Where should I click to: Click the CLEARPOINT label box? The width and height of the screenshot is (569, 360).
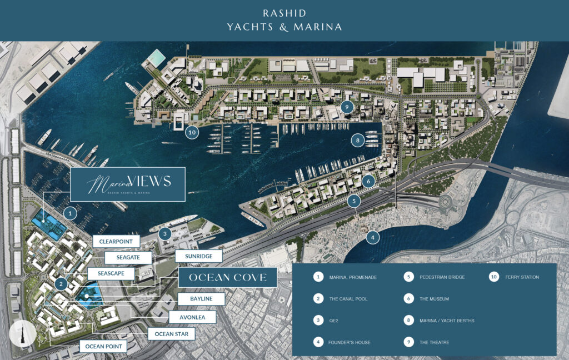[116, 242]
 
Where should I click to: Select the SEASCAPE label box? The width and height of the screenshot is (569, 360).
[111, 274]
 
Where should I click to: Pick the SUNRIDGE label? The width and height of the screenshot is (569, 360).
[199, 256]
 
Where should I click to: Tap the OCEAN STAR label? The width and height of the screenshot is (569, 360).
[171, 334]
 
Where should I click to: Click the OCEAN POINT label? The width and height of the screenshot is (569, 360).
[103, 347]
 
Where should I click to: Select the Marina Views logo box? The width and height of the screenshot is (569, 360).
[128, 184]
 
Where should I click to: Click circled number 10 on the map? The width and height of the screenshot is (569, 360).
[192, 133]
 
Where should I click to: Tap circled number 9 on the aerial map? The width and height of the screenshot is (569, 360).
[346, 107]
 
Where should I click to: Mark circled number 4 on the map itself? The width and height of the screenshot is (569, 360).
[373, 237]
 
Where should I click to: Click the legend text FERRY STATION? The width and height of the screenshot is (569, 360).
[522, 277]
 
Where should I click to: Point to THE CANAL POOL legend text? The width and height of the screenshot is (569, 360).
[348, 299]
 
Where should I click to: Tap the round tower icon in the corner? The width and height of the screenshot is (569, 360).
[23, 333]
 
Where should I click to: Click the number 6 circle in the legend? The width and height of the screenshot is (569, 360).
[409, 299]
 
